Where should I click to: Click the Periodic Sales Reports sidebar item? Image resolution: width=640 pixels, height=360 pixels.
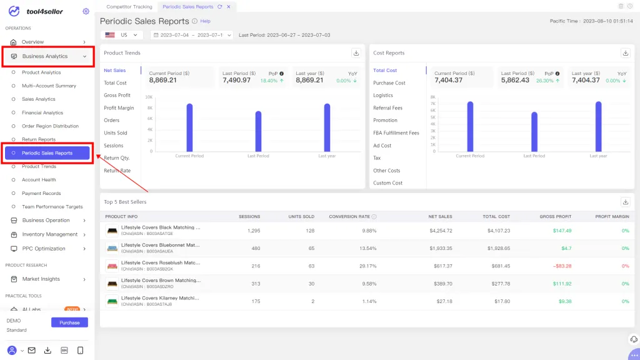[x=47, y=153]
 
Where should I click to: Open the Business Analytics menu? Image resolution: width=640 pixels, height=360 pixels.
[x=45, y=56]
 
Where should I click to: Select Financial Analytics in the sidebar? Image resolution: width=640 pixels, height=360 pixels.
[x=42, y=112]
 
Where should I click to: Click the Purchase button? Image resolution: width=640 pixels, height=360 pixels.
[x=69, y=322]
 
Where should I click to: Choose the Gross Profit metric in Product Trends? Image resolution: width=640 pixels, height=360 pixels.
[x=117, y=96]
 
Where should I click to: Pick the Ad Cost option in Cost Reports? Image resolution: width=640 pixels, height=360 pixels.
[x=382, y=146]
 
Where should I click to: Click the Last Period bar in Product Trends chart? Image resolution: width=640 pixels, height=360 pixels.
[x=258, y=131]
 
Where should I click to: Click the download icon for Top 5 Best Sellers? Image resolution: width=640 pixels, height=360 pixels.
[x=626, y=202]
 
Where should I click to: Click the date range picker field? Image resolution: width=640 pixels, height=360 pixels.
[x=191, y=36]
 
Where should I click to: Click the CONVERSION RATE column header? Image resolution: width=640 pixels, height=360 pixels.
[x=349, y=217]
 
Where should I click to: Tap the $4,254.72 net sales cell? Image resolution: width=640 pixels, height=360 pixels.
[x=439, y=231]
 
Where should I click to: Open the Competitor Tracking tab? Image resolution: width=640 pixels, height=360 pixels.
[x=129, y=6]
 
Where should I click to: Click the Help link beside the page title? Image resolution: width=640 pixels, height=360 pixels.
[x=205, y=21]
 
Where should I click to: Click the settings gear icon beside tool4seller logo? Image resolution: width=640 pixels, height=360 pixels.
[x=86, y=11]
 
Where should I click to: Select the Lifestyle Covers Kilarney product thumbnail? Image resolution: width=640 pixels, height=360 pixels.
[x=112, y=301]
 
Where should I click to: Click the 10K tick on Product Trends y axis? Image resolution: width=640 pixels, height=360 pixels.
[x=149, y=97]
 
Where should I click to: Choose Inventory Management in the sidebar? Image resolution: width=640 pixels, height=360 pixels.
[x=49, y=234]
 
